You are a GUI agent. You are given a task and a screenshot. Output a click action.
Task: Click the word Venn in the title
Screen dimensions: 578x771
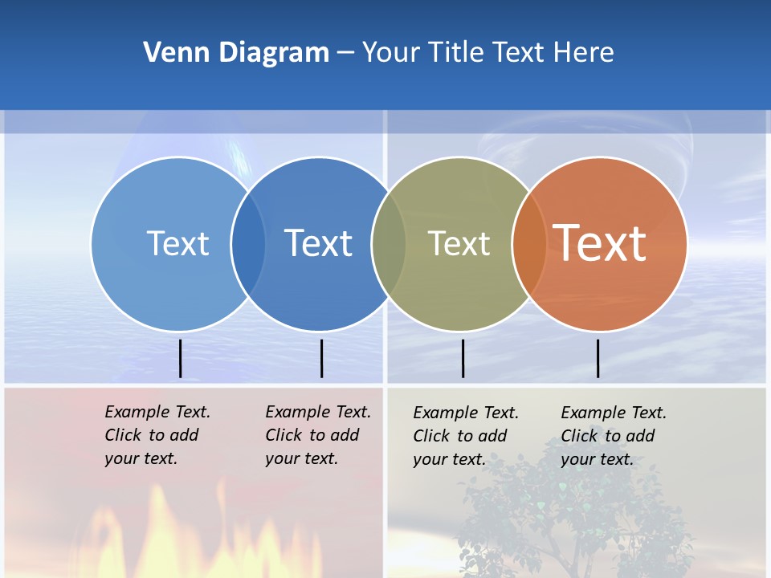(x=172, y=53)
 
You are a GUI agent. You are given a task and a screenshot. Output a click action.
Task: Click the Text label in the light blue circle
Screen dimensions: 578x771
(x=177, y=243)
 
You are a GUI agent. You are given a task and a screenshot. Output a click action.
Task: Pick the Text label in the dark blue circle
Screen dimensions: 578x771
(x=319, y=243)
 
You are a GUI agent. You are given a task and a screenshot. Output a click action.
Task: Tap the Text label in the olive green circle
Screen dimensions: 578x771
(x=459, y=243)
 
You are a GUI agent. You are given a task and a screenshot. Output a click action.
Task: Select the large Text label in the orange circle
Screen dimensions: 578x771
(x=600, y=242)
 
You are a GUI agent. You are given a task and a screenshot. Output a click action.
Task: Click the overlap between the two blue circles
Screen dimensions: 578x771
(x=248, y=243)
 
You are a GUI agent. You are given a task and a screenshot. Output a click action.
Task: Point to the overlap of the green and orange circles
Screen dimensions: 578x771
(x=529, y=243)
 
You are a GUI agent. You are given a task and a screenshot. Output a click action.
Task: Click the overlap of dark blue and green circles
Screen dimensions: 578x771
(x=389, y=243)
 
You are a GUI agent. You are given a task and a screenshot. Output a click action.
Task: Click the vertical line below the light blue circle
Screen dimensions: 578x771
(x=180, y=358)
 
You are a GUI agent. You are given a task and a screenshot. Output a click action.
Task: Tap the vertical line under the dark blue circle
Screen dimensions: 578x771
(x=321, y=358)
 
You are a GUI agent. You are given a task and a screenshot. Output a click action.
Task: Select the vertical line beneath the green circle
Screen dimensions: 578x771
(x=463, y=358)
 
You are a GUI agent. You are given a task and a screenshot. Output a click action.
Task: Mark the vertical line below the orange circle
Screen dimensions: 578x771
(x=598, y=358)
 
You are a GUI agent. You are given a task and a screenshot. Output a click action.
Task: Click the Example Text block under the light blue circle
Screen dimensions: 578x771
(x=157, y=435)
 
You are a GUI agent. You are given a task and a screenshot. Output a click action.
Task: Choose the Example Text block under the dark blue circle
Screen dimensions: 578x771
(x=317, y=435)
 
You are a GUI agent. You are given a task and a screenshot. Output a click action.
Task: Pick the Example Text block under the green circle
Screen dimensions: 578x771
(x=465, y=436)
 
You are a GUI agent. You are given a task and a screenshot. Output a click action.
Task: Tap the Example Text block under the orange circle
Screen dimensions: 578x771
(x=613, y=436)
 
